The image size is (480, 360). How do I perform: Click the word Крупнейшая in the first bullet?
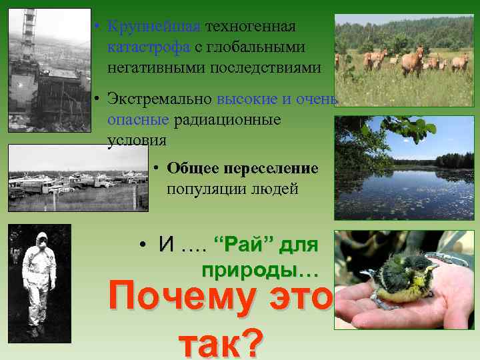[x=153, y=27]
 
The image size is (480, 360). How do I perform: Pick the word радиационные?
[x=227, y=121]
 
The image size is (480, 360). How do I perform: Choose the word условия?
[x=137, y=141]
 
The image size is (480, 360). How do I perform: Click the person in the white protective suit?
[x=39, y=280]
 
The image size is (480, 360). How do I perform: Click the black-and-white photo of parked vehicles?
[x=77, y=178]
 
